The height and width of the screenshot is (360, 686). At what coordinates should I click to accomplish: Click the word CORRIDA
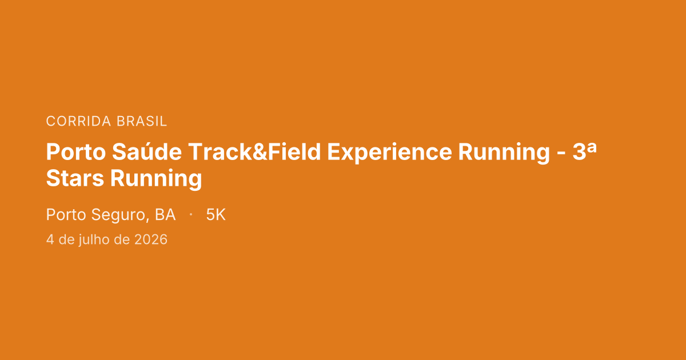[78, 121]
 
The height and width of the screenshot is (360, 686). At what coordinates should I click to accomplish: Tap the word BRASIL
[142, 121]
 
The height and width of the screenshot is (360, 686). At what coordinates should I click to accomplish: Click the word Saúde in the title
[147, 151]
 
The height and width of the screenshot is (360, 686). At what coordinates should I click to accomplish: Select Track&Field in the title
[254, 151]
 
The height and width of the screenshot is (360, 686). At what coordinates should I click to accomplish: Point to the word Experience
[389, 153]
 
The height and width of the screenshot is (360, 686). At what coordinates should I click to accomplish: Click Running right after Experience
[504, 153]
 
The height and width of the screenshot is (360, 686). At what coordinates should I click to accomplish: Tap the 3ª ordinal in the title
[585, 151]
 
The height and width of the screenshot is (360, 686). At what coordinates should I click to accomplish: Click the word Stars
[75, 178]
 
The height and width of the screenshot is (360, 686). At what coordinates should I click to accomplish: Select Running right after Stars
[156, 179]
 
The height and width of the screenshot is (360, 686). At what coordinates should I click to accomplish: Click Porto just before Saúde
[76, 152]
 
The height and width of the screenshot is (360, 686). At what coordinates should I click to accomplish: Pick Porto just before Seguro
[66, 215]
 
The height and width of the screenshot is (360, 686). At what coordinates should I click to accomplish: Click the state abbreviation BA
[165, 215]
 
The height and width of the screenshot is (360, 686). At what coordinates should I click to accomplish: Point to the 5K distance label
[216, 215]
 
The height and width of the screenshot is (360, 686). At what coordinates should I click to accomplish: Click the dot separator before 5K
[191, 214]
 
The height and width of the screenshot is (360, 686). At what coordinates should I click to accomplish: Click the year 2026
[151, 239]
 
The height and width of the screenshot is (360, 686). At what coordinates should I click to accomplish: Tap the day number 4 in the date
[50, 239]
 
